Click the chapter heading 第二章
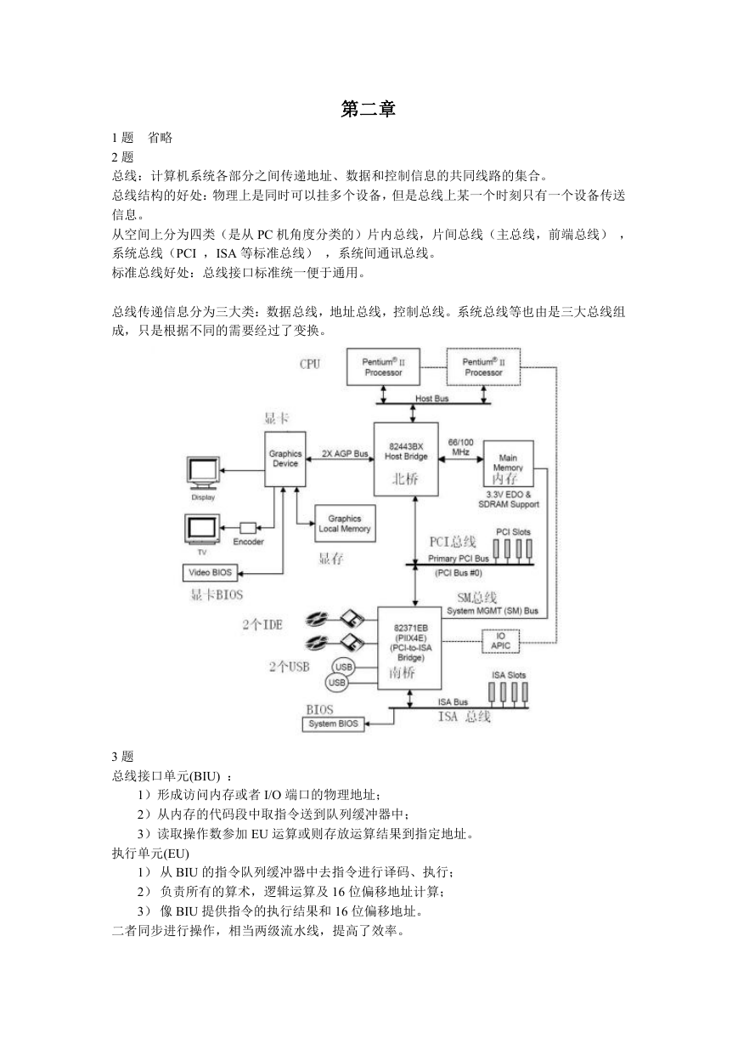click(x=368, y=109)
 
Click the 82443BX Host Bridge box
click(x=406, y=459)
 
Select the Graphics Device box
click(x=285, y=459)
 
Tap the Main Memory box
click(x=508, y=463)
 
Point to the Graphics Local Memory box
click(x=345, y=524)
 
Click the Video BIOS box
click(x=210, y=573)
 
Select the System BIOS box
click(x=333, y=723)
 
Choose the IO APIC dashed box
click(x=500, y=641)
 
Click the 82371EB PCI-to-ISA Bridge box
click(x=409, y=648)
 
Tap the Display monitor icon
click(x=203, y=473)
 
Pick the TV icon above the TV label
click(x=202, y=530)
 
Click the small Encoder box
click(x=248, y=528)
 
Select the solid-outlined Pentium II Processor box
click(x=383, y=366)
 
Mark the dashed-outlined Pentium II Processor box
click(x=483, y=366)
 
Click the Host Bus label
click(x=431, y=399)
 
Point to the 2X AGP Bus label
click(x=345, y=453)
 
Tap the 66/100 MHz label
click(x=460, y=447)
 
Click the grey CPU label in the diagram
click(x=310, y=364)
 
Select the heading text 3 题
click(x=122, y=757)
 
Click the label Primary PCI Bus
click(x=458, y=559)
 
